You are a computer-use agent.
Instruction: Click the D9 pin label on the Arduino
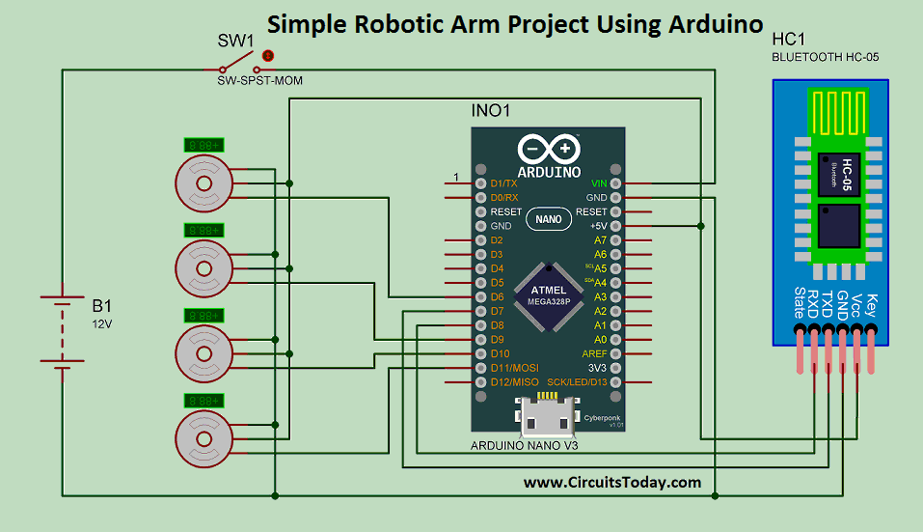498,340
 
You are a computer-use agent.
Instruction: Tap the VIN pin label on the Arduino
599,182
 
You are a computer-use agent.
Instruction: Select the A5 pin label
600,268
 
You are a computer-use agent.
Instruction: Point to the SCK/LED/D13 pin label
578,382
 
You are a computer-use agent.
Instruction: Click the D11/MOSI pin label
514,368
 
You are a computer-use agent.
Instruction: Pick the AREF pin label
595,354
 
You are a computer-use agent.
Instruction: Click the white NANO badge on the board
548,219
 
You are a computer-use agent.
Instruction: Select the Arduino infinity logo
549,149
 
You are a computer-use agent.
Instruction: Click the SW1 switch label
234,41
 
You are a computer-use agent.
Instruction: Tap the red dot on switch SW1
269,56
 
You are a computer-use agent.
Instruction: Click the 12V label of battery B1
101,324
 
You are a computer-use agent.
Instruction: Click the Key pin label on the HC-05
873,306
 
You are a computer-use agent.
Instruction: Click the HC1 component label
788,39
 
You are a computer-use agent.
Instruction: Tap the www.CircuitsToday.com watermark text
612,482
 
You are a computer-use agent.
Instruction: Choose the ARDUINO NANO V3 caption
523,446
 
